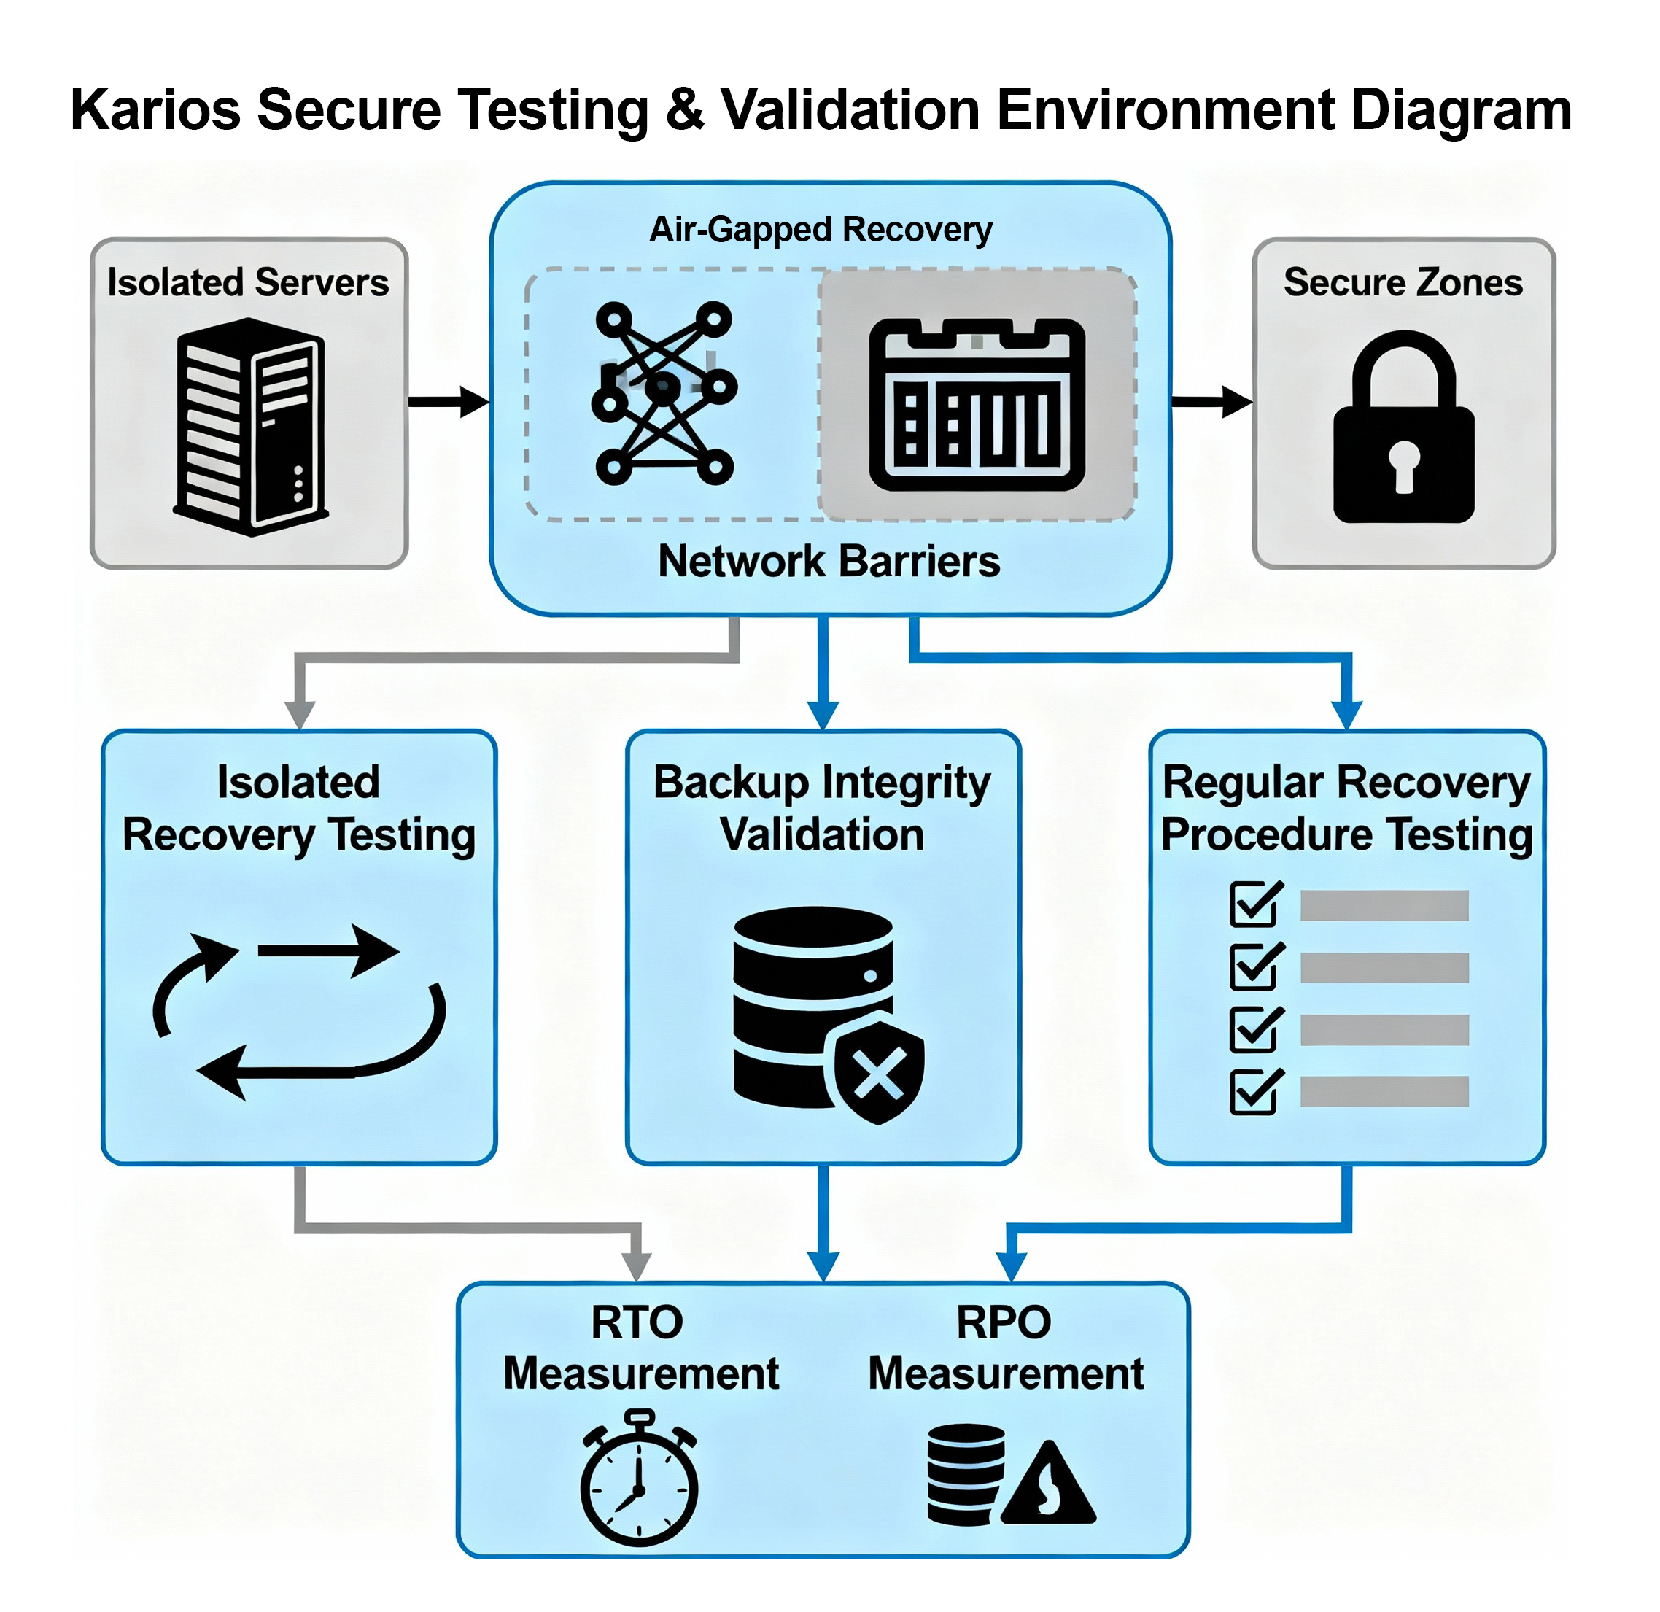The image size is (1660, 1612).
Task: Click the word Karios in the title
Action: tap(155, 110)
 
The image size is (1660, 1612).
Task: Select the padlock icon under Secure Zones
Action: tap(1403, 427)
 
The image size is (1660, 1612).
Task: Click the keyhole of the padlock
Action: tap(1403, 464)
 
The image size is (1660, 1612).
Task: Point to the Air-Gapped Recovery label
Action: tap(820, 230)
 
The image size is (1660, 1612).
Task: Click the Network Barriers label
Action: tap(829, 561)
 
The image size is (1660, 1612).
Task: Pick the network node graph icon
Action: tap(665, 392)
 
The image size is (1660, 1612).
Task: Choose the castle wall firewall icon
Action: tap(977, 405)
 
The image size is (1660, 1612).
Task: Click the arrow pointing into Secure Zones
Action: tap(1212, 401)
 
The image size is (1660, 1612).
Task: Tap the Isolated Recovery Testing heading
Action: tap(298, 808)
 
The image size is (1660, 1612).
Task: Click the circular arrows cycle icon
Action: tap(298, 1012)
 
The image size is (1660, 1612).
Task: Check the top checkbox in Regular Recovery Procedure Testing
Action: tap(1255, 904)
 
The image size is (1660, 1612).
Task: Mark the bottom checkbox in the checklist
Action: tap(1255, 1092)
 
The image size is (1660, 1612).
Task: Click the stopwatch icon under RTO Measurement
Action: tap(639, 1479)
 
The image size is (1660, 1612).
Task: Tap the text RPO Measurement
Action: tap(1005, 1348)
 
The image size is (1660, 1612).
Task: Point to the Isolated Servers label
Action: tap(248, 282)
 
